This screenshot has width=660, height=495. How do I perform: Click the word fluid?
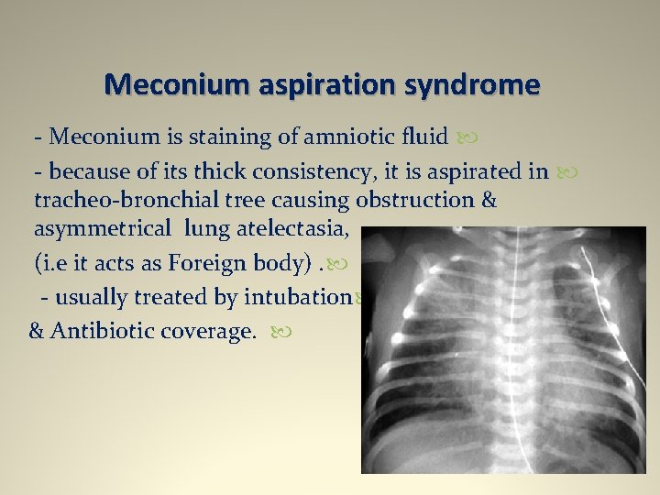pos(423,137)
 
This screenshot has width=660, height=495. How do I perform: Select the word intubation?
pos(299,297)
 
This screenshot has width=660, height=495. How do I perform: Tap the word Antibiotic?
pos(104,331)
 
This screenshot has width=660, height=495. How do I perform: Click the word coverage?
pos(210,331)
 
